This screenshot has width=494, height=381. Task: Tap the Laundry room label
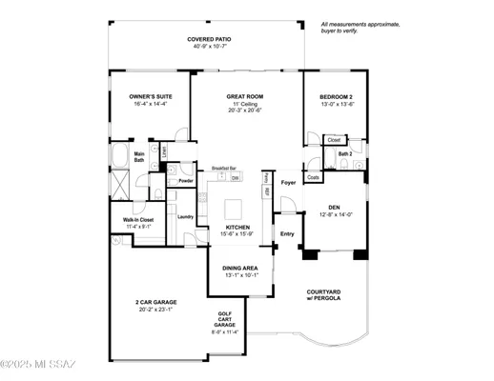click(x=185, y=216)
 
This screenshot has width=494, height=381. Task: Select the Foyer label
click(x=288, y=181)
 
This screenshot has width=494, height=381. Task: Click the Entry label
click(x=287, y=232)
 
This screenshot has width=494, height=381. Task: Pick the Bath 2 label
click(x=345, y=153)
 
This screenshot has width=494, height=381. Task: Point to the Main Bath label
click(x=139, y=157)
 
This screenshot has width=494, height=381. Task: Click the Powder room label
click(x=186, y=181)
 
